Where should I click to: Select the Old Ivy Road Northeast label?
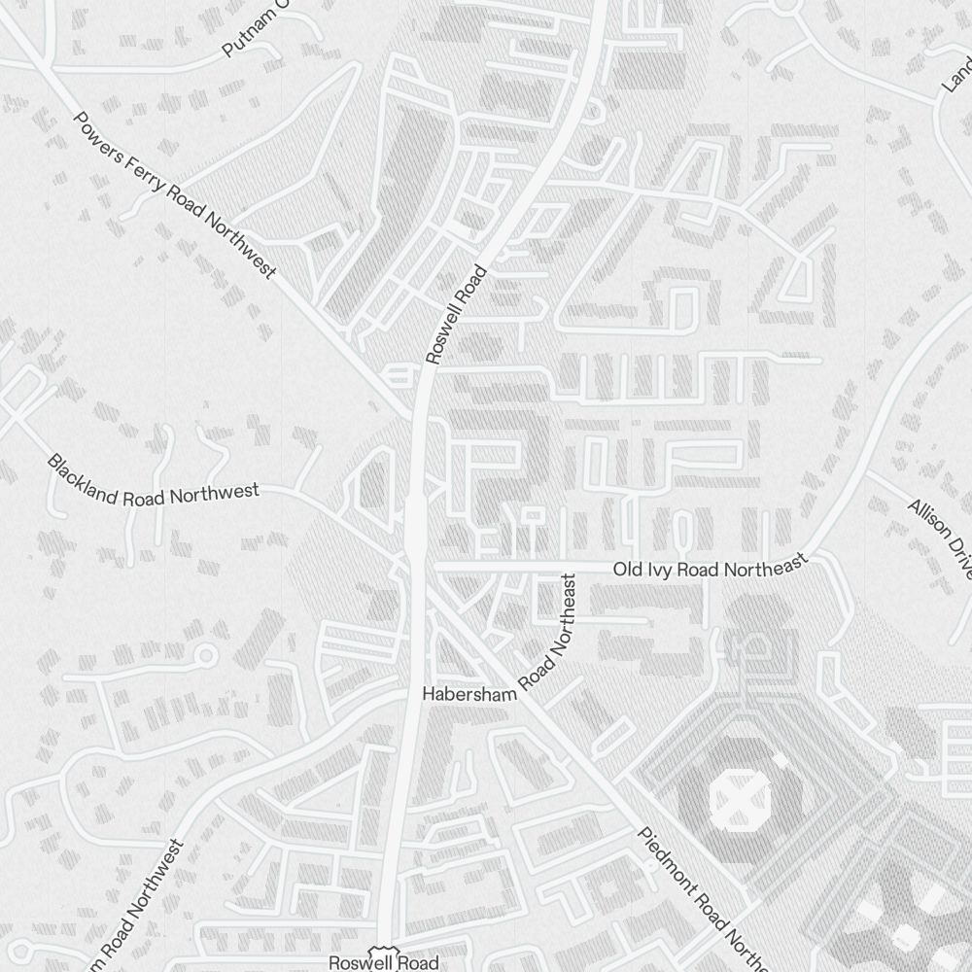coord(710,567)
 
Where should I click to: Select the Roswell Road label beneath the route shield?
coord(383,963)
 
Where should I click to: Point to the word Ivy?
coord(658,569)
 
